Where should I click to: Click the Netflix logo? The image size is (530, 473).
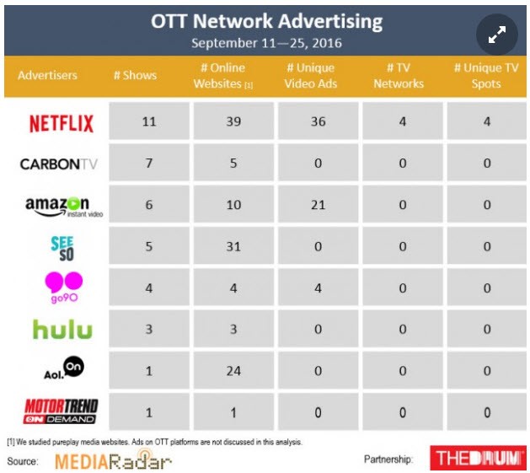point(62,123)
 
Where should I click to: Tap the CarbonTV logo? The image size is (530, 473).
point(58,164)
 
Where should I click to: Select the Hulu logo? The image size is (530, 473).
point(62,329)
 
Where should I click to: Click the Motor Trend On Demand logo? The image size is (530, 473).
point(62,411)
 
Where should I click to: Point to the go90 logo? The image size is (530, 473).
point(64,288)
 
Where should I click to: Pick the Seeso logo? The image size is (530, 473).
point(62,249)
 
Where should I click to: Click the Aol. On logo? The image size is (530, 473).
point(64,368)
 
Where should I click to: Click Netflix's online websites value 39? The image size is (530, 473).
point(233,121)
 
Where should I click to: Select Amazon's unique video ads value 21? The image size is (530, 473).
point(318,205)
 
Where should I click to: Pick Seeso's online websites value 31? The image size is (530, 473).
point(233,246)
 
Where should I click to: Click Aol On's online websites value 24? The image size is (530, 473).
point(233,371)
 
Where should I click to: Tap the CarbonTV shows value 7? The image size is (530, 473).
point(149,163)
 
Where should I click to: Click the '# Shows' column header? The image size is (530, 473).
point(135,75)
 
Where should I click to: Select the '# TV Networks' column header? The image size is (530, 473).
point(399,75)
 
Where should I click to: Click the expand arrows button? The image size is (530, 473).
point(497,35)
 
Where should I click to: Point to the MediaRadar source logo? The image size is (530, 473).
point(113,460)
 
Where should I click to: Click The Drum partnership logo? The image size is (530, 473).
point(478,458)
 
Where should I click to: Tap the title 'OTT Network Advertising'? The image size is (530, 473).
point(267,21)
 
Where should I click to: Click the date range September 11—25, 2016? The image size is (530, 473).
point(267,43)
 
